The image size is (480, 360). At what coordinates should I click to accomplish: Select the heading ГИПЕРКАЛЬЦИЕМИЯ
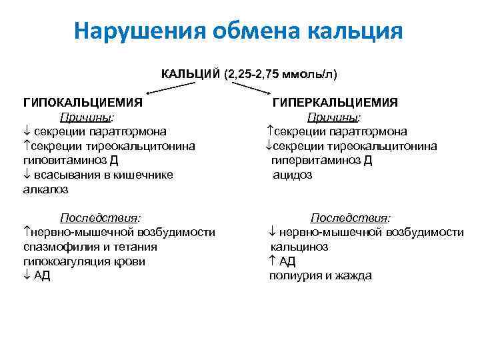tap(335, 103)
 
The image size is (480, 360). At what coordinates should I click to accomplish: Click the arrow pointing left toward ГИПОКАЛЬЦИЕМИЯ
tap(169, 89)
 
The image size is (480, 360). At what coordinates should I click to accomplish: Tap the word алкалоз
tap(45, 189)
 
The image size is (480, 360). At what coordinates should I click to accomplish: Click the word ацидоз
tap(292, 175)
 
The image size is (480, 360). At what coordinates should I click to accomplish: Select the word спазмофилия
tap(58, 247)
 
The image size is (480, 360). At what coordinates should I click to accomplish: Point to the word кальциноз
tap(299, 247)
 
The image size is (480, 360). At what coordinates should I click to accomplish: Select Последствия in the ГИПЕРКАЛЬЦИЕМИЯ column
tap(351, 218)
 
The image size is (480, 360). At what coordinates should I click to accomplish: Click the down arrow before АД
tap(27, 276)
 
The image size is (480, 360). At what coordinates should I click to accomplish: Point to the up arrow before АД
tap(273, 261)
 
